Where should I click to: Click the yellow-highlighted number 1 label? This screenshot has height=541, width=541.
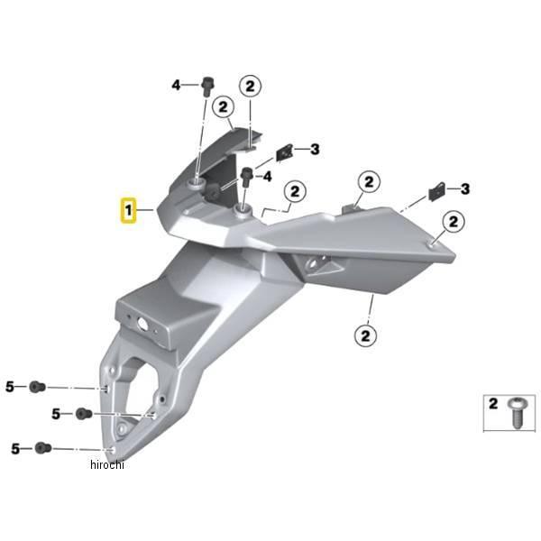(129, 211)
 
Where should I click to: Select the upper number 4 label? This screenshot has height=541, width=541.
(177, 85)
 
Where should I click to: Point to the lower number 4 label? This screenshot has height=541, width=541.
(266, 177)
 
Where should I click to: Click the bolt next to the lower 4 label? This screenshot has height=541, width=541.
(246, 176)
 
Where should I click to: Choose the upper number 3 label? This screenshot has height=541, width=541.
(315, 149)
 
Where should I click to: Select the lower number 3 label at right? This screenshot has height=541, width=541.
(465, 188)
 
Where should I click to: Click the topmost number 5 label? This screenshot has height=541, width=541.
(11, 387)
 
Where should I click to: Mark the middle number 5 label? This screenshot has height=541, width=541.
(56, 414)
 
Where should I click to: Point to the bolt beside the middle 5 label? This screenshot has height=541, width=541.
(83, 414)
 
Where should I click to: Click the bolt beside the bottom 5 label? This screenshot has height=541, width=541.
(42, 448)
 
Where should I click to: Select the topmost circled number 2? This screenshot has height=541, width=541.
(250, 85)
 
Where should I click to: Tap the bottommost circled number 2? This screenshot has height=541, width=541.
(366, 335)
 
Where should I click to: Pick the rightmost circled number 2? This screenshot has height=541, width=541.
(453, 221)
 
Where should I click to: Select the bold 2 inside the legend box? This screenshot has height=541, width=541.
(493, 404)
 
